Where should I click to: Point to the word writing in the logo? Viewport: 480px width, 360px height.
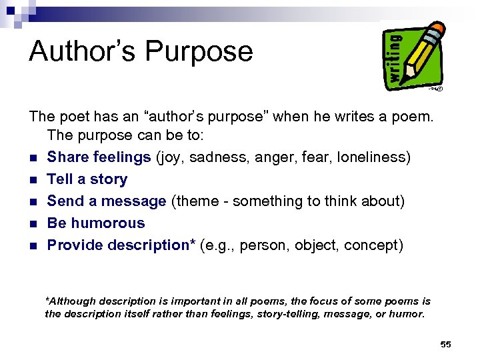[395, 58]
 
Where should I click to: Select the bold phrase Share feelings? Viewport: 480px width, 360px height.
[99, 157]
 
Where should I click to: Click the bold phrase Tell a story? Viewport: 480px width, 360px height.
[87, 179]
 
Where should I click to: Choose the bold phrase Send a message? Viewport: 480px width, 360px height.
[107, 201]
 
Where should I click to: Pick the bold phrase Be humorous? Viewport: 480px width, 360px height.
[96, 223]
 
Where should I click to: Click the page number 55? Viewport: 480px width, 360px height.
[445, 344]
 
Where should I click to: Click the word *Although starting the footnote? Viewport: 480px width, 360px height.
[71, 301]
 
